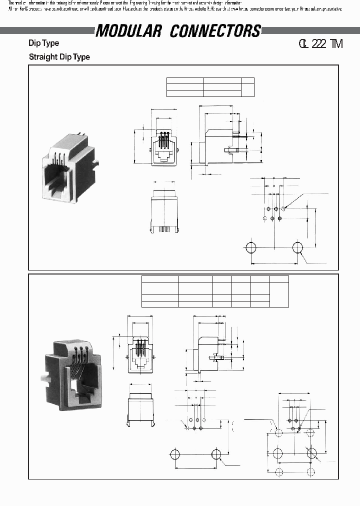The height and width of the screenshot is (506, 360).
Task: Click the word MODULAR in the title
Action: tap(128, 31)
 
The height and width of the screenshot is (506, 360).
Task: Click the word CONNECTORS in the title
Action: tap(215, 31)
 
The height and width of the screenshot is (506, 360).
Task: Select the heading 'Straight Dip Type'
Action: tap(59, 57)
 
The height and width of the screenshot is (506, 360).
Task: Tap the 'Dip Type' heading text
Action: tap(43, 43)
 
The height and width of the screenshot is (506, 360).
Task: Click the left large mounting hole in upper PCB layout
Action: tap(251, 247)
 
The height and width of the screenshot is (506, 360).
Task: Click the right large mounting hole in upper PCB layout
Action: tap(297, 247)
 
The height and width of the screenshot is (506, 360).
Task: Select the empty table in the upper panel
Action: tap(210, 87)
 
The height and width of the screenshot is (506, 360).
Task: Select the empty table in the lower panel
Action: tap(215, 290)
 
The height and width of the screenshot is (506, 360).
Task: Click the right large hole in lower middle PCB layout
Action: tap(216, 454)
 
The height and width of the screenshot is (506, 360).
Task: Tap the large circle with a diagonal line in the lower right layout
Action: tap(312, 453)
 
